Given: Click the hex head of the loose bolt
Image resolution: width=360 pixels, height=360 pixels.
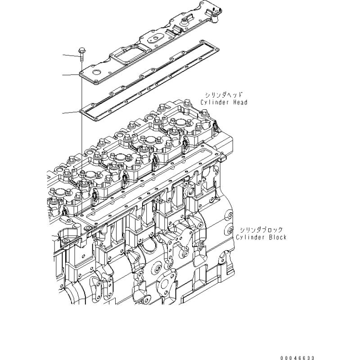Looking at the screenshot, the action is click(81, 50).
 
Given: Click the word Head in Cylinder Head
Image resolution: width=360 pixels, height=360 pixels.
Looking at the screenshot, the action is click(240, 102).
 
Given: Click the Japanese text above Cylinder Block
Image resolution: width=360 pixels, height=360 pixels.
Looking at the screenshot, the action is click(261, 229).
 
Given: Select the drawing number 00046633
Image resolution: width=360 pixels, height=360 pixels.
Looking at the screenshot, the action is click(297, 358).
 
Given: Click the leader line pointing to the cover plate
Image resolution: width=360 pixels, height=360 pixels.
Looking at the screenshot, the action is click(71, 75).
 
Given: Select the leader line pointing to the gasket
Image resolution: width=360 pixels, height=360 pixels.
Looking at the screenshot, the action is click(71, 112).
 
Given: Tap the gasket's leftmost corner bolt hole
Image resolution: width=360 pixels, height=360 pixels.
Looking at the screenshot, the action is click(81, 111).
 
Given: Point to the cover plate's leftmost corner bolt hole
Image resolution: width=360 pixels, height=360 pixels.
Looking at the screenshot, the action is click(81, 73).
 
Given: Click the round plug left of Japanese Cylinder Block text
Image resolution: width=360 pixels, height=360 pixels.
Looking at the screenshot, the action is click(230, 230).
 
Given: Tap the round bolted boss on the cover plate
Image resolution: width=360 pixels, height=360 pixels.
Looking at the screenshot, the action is click(184, 22).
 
